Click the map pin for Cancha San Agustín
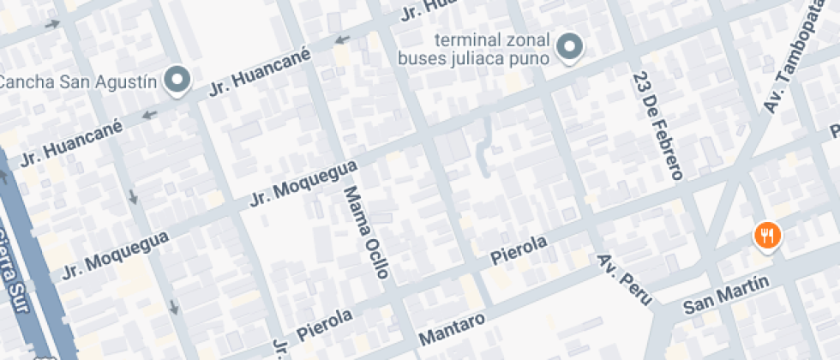[177, 81]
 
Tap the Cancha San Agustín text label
[78, 82]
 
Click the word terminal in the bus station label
[465, 40]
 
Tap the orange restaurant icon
[766, 234]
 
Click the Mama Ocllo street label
[366, 231]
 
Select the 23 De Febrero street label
[657, 126]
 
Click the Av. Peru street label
[625, 279]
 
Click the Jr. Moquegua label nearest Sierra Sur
[115, 253]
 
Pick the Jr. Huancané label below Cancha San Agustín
[72, 141]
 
